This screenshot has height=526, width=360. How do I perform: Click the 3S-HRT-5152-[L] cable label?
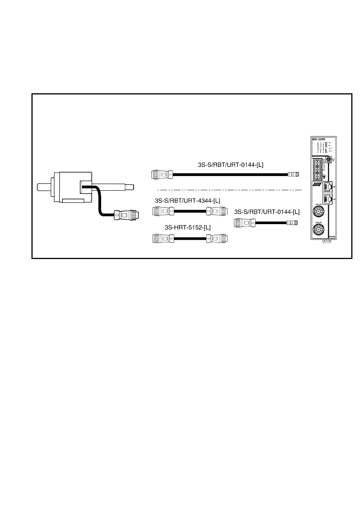coord(188,228)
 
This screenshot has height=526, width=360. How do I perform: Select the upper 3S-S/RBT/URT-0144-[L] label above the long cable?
coord(231,165)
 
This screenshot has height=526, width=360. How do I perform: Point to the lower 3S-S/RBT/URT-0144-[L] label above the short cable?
coord(267,211)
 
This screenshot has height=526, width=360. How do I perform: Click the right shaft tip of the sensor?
coord(130,187)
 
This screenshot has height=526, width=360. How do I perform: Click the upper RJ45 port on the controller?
coord(328,187)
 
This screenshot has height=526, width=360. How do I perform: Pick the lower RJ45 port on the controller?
coord(328,199)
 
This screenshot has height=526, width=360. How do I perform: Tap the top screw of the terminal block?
coord(318,163)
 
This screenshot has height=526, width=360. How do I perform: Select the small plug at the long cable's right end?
coord(294,174)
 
